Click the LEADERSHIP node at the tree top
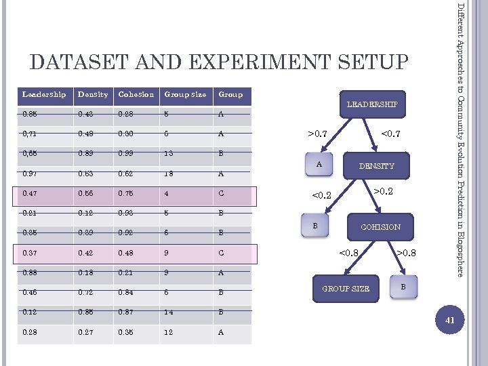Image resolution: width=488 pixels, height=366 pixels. [373, 104]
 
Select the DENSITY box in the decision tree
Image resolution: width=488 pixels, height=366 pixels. [376, 166]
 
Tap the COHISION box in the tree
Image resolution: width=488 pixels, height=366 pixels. [380, 227]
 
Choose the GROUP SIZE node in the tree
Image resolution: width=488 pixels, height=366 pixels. [346, 289]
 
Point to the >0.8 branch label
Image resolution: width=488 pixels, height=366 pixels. [407, 254]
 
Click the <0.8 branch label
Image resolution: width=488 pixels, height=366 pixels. [349, 254]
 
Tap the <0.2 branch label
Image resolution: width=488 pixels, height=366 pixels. [321, 197]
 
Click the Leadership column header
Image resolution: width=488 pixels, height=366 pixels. [44, 94]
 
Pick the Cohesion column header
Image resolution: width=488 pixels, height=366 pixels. [136, 94]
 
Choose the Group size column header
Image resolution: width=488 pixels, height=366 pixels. [185, 94]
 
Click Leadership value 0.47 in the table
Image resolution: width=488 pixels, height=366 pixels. [30, 194]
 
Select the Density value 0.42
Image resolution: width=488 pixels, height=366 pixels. [87, 254]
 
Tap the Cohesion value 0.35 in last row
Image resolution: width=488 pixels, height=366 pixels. [127, 333]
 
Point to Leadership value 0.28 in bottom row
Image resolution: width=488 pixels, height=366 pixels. [30, 333]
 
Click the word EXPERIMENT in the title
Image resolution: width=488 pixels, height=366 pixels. [270, 62]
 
